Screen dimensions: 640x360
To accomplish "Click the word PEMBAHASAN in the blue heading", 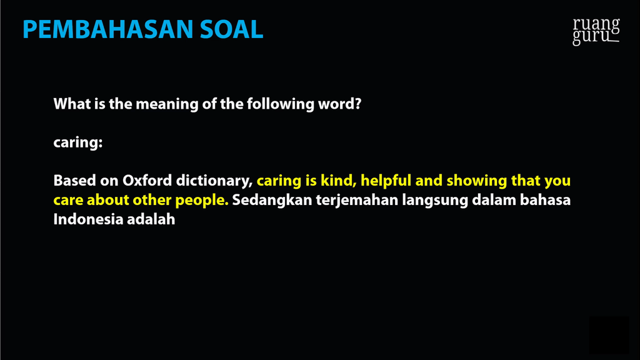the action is (107, 29).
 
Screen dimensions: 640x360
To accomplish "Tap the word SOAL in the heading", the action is (232, 29).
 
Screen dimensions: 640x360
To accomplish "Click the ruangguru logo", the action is (596, 31).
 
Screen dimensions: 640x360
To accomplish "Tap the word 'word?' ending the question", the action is (339, 104).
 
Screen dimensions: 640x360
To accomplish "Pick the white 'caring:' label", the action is (78, 143).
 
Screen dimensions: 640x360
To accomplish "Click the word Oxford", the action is (147, 181).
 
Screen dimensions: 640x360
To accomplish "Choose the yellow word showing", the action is (477, 181).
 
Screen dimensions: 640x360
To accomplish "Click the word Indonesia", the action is (88, 219).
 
